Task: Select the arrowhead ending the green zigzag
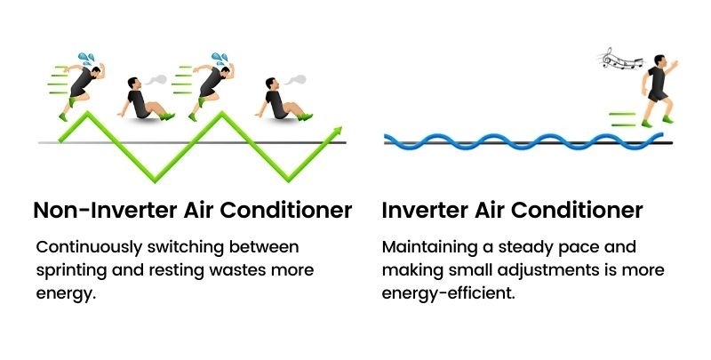(x=336, y=132)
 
